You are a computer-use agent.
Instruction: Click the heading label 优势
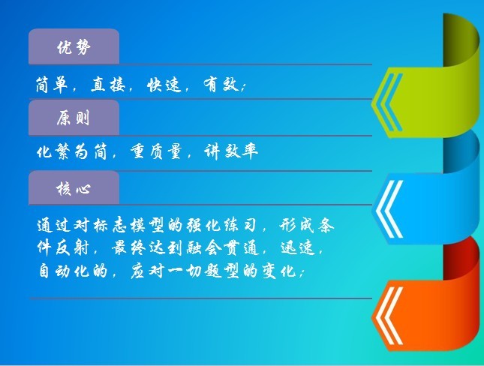point(74,47)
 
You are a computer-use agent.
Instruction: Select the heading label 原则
point(73,118)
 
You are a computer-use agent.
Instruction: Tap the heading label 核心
point(74,188)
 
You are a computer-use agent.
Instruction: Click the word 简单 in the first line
point(52,84)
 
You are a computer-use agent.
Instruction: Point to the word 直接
point(108,84)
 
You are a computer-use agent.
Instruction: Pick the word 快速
point(164,84)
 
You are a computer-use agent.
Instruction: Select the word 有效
point(221,84)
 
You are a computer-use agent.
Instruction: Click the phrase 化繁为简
point(71,151)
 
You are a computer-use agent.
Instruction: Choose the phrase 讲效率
point(231,151)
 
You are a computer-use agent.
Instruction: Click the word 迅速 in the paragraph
point(298,248)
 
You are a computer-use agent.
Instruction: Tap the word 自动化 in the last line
point(64,271)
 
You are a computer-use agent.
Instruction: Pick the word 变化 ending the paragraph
point(279,271)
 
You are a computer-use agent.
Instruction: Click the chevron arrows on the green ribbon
point(388,103)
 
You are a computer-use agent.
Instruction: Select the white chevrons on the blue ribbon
point(389,209)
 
